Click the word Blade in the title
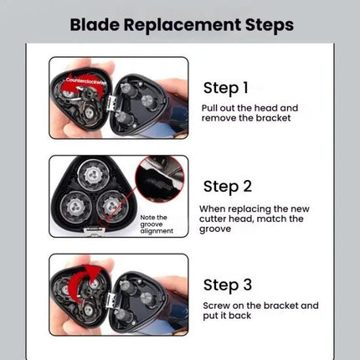(95, 24)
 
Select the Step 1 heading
(226, 88)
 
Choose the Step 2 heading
(228, 187)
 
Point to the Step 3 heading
(228, 285)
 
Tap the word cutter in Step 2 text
(213, 219)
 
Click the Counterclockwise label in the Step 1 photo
(86, 80)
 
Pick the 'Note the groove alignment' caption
(157, 224)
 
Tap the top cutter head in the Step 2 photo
(92, 175)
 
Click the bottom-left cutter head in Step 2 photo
(75, 206)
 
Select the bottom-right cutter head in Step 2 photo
(111, 206)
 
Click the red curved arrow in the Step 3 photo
(84, 282)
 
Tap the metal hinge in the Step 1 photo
(112, 103)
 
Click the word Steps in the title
(270, 26)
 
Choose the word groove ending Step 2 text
(215, 229)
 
